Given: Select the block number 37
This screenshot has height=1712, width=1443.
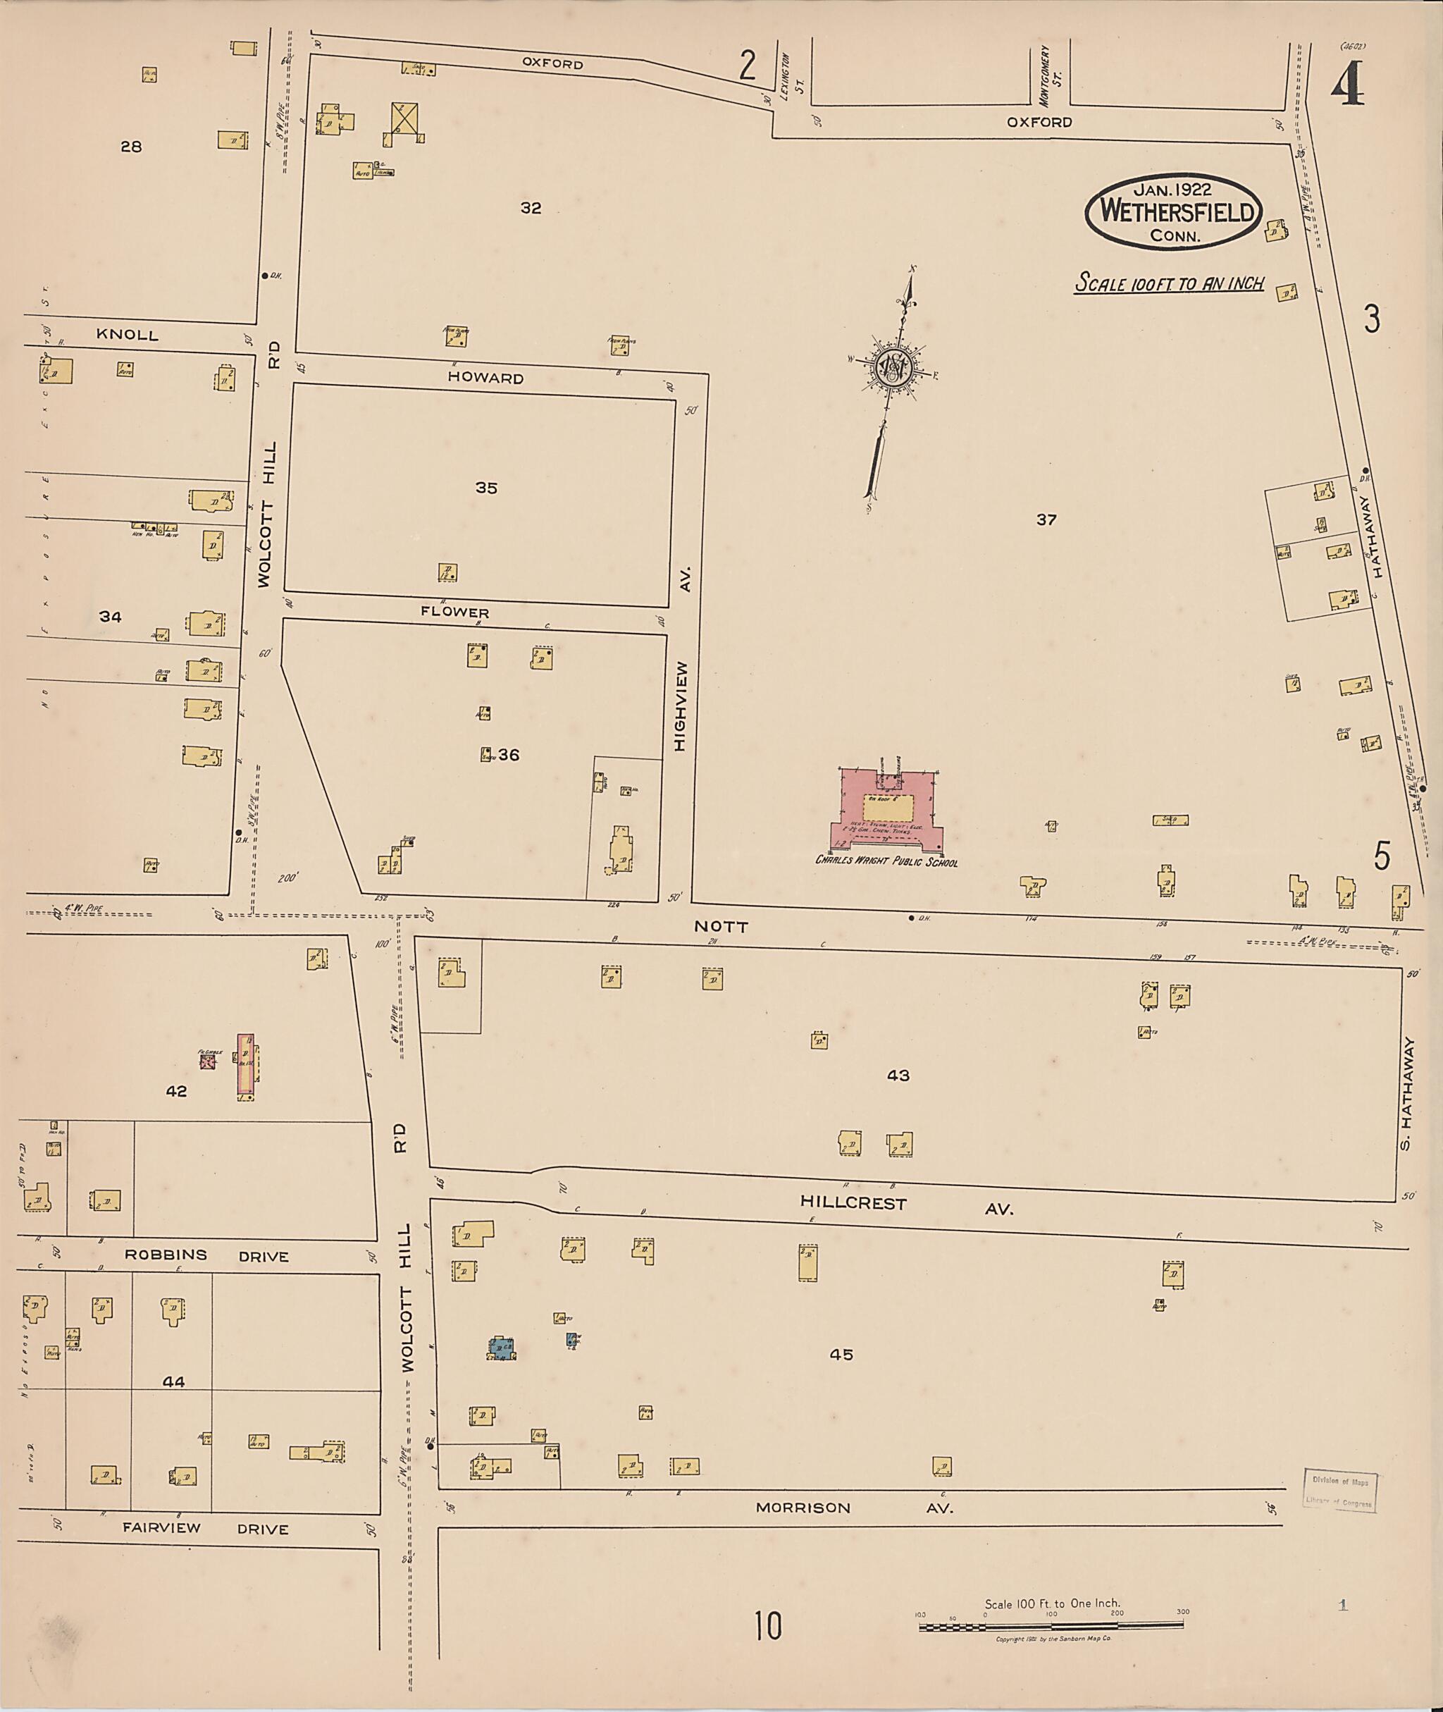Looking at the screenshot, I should pyautogui.click(x=1046, y=519).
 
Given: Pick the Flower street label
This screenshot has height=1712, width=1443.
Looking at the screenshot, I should pyautogui.click(x=455, y=612).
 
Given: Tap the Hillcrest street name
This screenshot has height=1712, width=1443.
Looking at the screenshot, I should pyautogui.click(x=853, y=1204).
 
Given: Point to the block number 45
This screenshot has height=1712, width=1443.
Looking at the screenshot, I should pyautogui.click(x=841, y=1355).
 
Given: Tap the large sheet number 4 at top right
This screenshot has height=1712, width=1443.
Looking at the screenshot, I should pyautogui.click(x=1346, y=86).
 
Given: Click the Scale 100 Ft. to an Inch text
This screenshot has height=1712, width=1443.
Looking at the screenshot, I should pyautogui.click(x=1169, y=284).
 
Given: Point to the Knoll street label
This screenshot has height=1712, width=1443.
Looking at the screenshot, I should pyautogui.click(x=127, y=335).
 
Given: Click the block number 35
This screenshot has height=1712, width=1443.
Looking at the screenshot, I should pyautogui.click(x=486, y=488).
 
